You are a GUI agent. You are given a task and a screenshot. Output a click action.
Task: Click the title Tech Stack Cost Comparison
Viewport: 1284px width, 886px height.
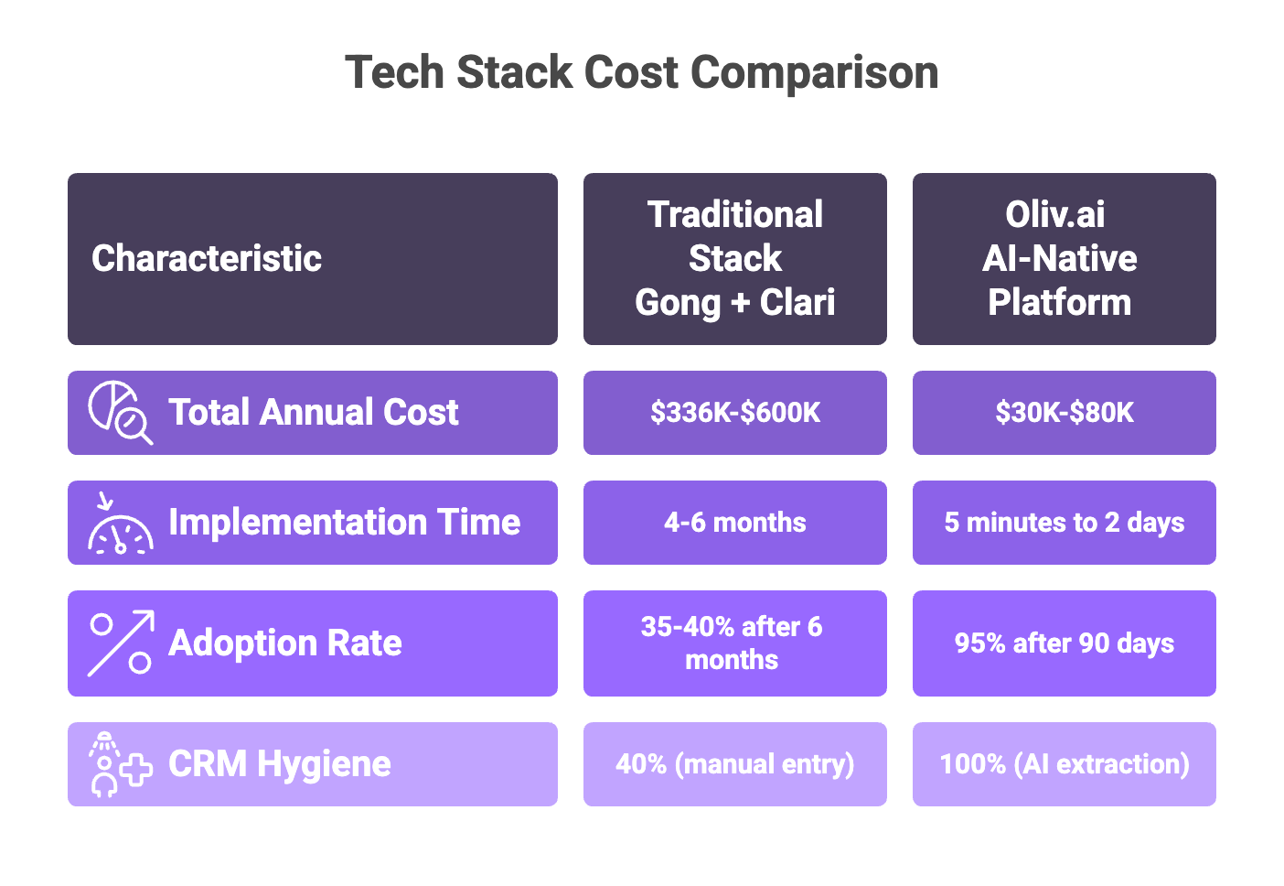pyautogui.click(x=641, y=72)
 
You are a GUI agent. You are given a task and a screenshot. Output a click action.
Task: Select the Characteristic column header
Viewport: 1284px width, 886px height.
pyautogui.click(x=207, y=259)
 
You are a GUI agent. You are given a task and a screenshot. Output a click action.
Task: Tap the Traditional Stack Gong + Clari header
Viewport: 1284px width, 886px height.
pyautogui.click(x=734, y=259)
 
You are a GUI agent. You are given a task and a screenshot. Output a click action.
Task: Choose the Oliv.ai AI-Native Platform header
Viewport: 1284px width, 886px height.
pyautogui.click(x=1063, y=259)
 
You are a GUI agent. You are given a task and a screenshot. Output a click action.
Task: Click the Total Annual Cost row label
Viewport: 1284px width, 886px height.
pyautogui.click(x=313, y=413)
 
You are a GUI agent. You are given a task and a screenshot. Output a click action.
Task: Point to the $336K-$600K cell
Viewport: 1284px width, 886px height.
pyautogui.click(x=734, y=413)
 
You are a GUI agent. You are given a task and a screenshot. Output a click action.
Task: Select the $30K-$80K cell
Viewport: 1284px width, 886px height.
pyautogui.click(x=1064, y=413)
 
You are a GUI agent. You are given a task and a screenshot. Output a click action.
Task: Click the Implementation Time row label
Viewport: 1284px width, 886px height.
pyautogui.click(x=344, y=523)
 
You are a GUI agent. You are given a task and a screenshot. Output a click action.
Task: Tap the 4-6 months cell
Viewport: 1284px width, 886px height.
pyautogui.click(x=734, y=523)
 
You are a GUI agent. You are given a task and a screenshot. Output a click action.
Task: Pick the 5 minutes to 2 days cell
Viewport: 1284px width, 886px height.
pyautogui.click(x=1064, y=523)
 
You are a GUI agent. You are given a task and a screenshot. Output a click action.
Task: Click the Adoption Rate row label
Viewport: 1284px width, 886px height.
pyautogui.click(x=284, y=643)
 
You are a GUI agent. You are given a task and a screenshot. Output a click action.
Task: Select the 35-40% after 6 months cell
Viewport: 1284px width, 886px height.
pyautogui.click(x=733, y=643)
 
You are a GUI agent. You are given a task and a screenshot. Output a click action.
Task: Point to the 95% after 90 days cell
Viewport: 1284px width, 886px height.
pyautogui.click(x=1064, y=643)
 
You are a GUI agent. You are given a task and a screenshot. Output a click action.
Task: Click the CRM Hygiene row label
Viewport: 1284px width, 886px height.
pyautogui.click(x=279, y=764)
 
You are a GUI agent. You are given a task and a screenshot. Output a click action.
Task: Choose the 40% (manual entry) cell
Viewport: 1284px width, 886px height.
pyautogui.click(x=734, y=764)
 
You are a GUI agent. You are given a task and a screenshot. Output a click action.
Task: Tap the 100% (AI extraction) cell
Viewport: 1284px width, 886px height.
pyautogui.click(x=1064, y=764)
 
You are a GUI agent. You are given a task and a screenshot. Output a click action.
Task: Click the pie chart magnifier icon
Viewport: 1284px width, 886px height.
pyautogui.click(x=120, y=413)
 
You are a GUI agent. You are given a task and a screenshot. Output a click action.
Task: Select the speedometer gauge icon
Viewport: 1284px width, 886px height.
pyautogui.click(x=120, y=524)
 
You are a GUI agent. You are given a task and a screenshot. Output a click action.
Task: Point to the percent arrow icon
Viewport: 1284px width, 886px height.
pyautogui.click(x=121, y=643)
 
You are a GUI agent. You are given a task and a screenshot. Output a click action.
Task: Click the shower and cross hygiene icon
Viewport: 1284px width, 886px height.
pyautogui.click(x=120, y=764)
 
